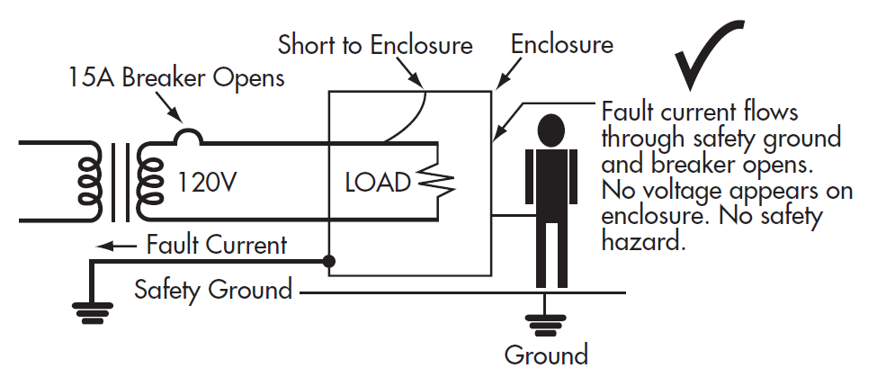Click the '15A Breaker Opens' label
pyautogui.click(x=176, y=78)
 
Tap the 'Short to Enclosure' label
pyautogui.click(x=375, y=44)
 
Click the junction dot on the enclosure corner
pyautogui.click(x=330, y=261)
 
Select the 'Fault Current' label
pyautogui.click(x=217, y=245)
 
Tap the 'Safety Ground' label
pyautogui.click(x=213, y=291)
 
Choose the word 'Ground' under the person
pyautogui.click(x=546, y=355)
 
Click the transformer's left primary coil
pyautogui.click(x=91, y=180)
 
